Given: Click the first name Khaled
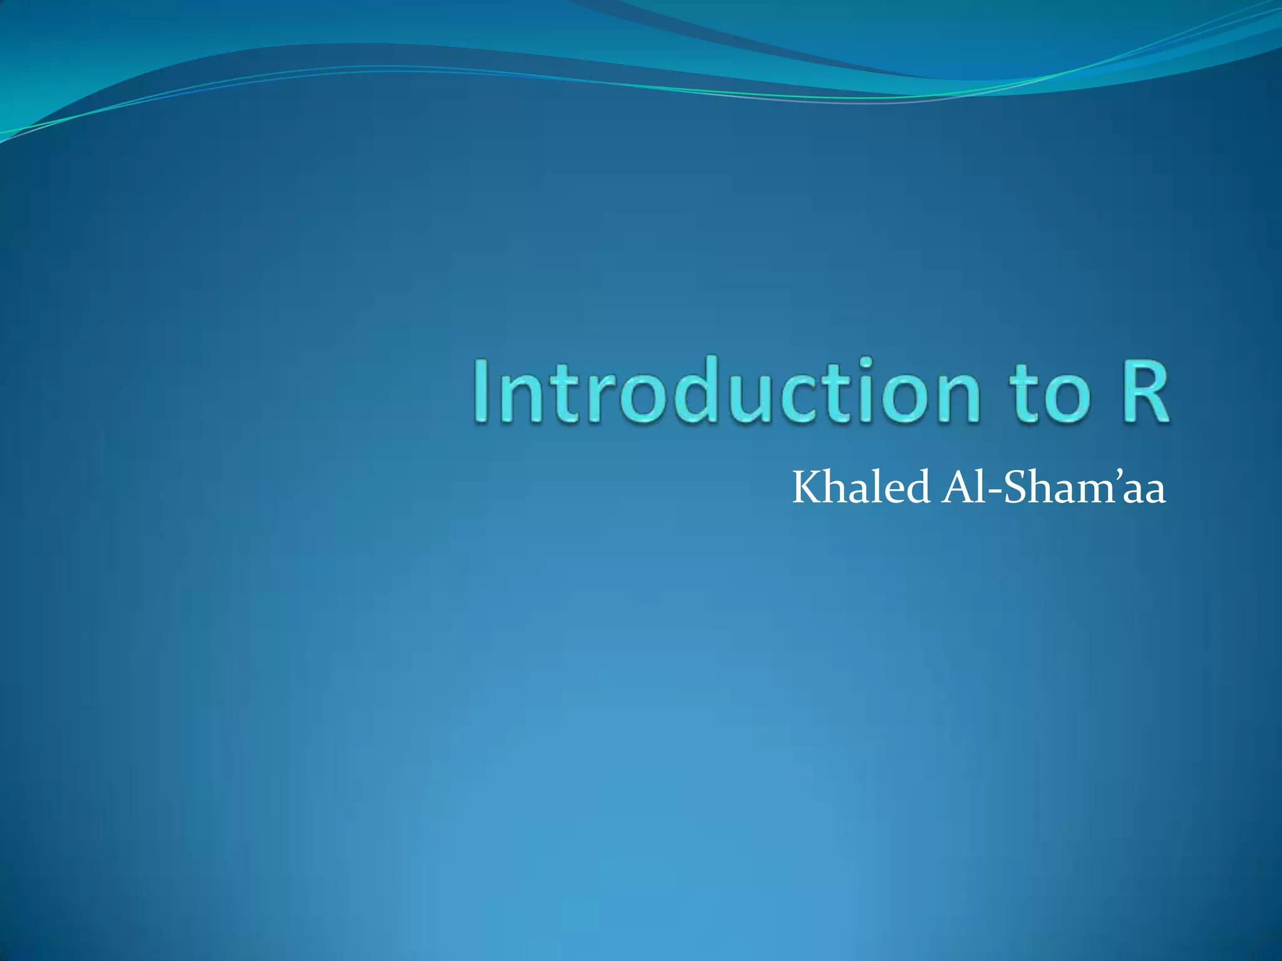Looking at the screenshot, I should click(x=861, y=488).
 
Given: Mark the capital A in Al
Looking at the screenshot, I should click(x=958, y=488).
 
